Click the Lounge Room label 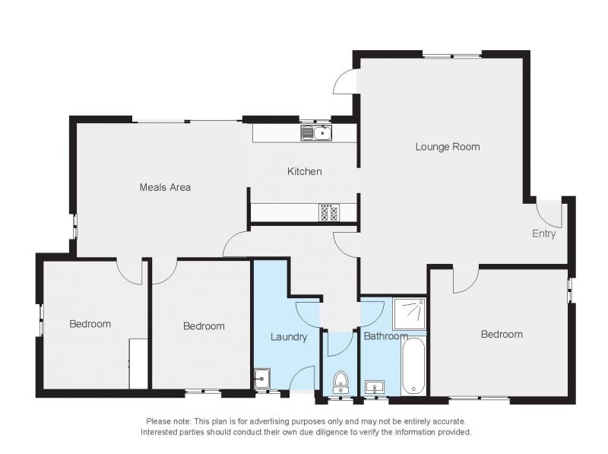[x=448, y=147]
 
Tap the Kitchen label [x=305, y=171]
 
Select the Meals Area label [x=165, y=187]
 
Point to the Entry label [x=543, y=233]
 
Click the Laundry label [x=289, y=337]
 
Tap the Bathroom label [x=386, y=336]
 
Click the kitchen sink [x=316, y=133]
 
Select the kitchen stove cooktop [x=329, y=213]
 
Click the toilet [x=340, y=383]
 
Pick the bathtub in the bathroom [x=413, y=366]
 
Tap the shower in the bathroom [x=410, y=313]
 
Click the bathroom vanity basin [x=375, y=387]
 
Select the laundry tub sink [x=262, y=378]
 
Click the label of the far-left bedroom [x=90, y=324]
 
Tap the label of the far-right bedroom [x=502, y=334]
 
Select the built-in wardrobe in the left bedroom [x=138, y=364]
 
